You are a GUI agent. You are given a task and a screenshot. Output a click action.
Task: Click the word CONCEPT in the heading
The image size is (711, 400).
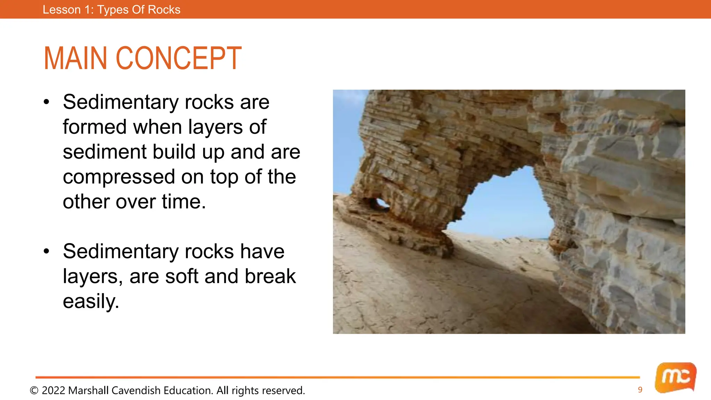click(178, 58)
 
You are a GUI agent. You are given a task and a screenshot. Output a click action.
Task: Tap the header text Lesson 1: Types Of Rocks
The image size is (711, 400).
click(111, 9)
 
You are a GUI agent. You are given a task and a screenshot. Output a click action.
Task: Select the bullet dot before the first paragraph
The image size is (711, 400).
click(47, 102)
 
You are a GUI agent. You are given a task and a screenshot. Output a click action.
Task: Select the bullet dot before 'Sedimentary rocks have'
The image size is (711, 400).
click(47, 251)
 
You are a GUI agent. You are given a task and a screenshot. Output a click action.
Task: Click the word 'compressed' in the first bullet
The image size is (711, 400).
click(119, 177)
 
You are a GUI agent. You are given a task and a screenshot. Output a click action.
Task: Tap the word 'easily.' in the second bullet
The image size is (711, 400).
click(91, 301)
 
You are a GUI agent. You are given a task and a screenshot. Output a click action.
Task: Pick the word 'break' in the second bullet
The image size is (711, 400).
click(270, 276)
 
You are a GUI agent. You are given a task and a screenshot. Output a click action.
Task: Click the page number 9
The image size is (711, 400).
click(640, 390)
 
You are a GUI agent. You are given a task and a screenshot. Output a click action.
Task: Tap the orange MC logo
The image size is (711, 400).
click(675, 377)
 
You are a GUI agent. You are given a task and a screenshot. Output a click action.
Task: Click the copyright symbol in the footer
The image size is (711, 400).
click(34, 391)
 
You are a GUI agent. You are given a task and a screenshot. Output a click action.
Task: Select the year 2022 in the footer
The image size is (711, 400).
click(53, 391)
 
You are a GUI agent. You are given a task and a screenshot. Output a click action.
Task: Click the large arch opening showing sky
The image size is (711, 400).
click(507, 205)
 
